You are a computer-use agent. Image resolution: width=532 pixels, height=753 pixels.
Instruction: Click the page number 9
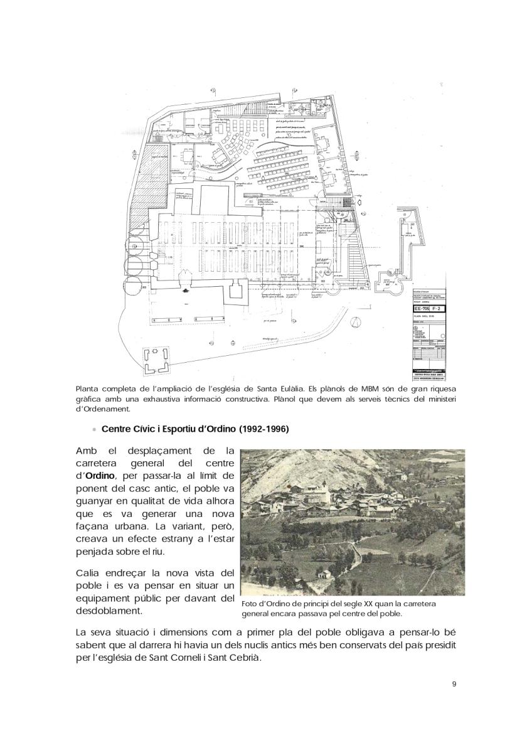(x=454, y=684)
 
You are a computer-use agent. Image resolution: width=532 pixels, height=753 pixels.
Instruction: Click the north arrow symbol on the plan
(x=356, y=322)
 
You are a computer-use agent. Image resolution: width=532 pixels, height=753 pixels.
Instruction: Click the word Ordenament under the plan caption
(x=101, y=410)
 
